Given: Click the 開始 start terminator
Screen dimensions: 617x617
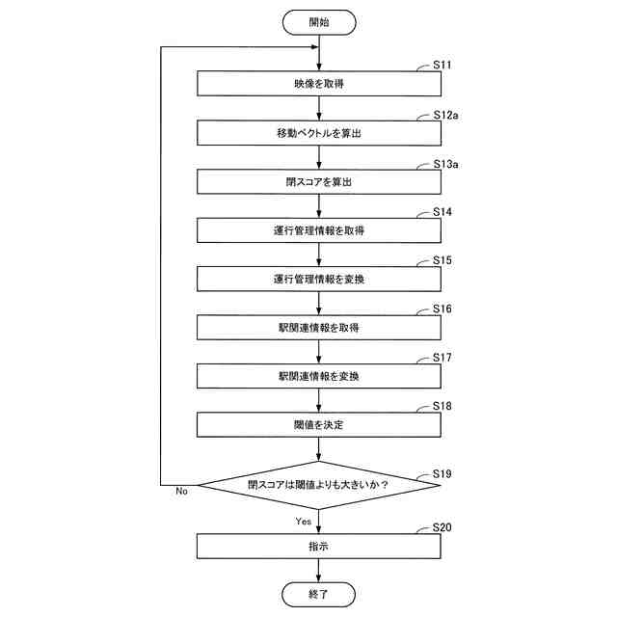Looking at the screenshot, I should tap(318, 21).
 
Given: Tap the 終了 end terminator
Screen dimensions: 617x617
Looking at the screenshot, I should tap(318, 594).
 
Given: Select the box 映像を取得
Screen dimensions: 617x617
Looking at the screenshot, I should tap(318, 84).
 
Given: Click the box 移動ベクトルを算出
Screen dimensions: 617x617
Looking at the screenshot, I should tap(318, 133).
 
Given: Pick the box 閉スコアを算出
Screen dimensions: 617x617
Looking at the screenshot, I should tap(318, 181).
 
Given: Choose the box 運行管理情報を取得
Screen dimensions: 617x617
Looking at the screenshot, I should tap(318, 230).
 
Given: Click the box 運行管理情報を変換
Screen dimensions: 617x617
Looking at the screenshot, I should tap(318, 280).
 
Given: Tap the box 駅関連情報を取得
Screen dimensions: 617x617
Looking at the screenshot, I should tap(318, 328).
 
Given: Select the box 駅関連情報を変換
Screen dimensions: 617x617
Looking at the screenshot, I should tap(318, 376).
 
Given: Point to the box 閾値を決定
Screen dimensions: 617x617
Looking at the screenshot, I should tap(318, 424).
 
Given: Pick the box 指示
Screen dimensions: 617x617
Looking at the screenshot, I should tap(318, 547).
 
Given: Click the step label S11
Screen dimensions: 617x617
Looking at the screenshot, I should tap(443, 65).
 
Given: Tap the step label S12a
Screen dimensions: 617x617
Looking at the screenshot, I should tap(445, 115).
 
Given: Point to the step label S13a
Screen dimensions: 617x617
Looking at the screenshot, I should tap(445, 163).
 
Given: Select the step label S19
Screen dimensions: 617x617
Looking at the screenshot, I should tap(443, 472).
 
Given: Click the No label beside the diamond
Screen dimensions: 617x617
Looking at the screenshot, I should tap(181, 492).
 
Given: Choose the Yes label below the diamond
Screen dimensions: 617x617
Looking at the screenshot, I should tap(303, 521).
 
